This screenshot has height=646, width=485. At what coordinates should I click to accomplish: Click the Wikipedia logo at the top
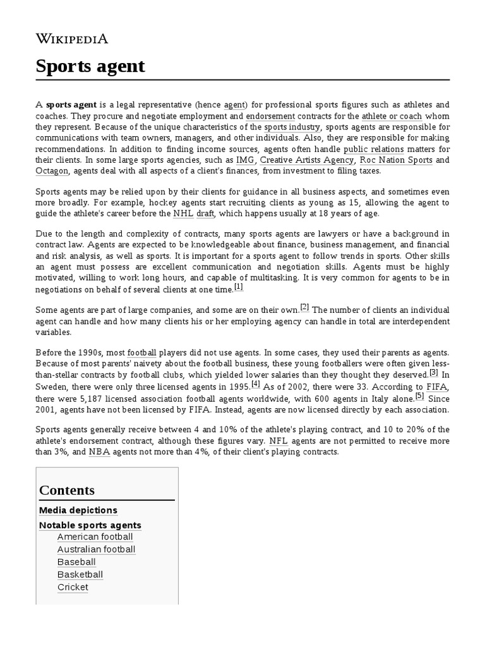tap(71, 38)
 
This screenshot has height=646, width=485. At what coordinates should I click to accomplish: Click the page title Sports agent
tap(90, 66)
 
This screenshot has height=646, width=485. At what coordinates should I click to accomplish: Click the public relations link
tap(373, 150)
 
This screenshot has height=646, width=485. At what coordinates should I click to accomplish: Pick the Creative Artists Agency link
tap(307, 160)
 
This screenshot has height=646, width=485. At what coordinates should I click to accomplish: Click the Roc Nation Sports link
tap(396, 160)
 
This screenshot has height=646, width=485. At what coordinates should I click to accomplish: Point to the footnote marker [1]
tap(238, 286)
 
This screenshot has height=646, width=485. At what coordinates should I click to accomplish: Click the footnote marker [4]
tap(255, 383)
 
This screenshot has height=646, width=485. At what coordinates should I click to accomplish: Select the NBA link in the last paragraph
tap(99, 452)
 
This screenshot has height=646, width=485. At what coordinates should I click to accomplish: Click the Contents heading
tap(67, 490)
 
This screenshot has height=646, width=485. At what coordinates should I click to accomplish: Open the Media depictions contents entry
tap(78, 510)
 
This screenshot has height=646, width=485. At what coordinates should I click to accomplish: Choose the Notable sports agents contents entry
tap(90, 525)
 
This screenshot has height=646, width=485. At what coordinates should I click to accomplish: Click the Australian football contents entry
tap(96, 549)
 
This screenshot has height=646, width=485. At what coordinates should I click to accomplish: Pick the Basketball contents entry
tap(80, 574)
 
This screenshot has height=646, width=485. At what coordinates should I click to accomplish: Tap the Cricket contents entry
tap(73, 587)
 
